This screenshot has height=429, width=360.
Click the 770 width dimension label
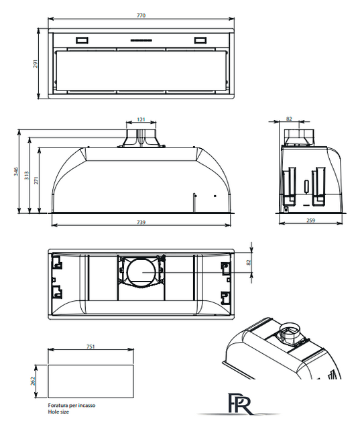(x=141, y=15)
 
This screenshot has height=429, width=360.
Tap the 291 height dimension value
(x=36, y=64)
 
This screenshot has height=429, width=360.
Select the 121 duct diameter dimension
(x=141, y=119)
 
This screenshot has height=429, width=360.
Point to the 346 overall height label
(x=16, y=172)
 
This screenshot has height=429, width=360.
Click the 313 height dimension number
(x=27, y=176)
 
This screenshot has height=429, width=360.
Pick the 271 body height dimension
(x=36, y=180)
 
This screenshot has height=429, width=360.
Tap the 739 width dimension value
(x=141, y=223)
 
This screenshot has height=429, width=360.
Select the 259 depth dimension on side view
(x=311, y=221)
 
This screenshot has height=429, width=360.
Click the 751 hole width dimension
(x=91, y=347)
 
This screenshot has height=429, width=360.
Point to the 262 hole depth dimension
(x=33, y=381)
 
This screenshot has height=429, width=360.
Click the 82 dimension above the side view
(x=289, y=119)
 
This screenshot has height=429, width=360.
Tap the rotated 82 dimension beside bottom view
(x=249, y=262)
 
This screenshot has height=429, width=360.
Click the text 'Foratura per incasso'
(x=72, y=405)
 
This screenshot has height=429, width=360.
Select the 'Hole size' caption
(x=58, y=412)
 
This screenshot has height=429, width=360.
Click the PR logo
(x=239, y=404)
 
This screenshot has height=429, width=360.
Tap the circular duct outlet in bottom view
(x=127, y=273)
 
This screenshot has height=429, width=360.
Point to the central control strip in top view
(x=141, y=40)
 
